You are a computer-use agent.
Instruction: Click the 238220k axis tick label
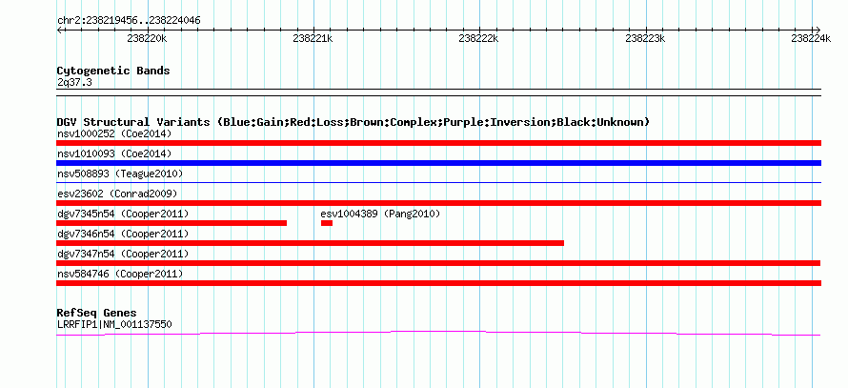(147, 38)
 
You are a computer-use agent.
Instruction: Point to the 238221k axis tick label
(313, 38)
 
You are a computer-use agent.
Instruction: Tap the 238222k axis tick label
(478, 38)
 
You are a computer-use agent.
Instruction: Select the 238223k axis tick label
(645, 38)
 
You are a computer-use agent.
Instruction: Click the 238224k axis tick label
(811, 38)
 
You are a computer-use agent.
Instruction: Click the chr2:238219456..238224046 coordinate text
(129, 21)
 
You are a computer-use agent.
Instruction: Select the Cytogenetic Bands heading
(113, 71)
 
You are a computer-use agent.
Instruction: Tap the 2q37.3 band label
(74, 83)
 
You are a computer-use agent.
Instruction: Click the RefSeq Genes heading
(96, 313)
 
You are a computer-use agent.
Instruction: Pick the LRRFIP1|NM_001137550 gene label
(114, 325)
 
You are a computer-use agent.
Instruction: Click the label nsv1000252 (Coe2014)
(114, 133)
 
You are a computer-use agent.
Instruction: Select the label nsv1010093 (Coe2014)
(114, 153)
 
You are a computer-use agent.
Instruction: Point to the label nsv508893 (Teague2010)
(120, 174)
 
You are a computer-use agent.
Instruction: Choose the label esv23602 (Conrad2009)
(117, 194)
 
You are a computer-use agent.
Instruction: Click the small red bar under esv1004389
(327, 223)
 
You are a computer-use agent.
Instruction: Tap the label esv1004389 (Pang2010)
(381, 214)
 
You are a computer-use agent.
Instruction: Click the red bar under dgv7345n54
(172, 223)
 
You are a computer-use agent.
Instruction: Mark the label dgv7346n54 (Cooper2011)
(123, 234)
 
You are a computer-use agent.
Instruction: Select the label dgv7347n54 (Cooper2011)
(123, 254)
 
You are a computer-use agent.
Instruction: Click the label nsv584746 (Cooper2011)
(120, 274)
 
